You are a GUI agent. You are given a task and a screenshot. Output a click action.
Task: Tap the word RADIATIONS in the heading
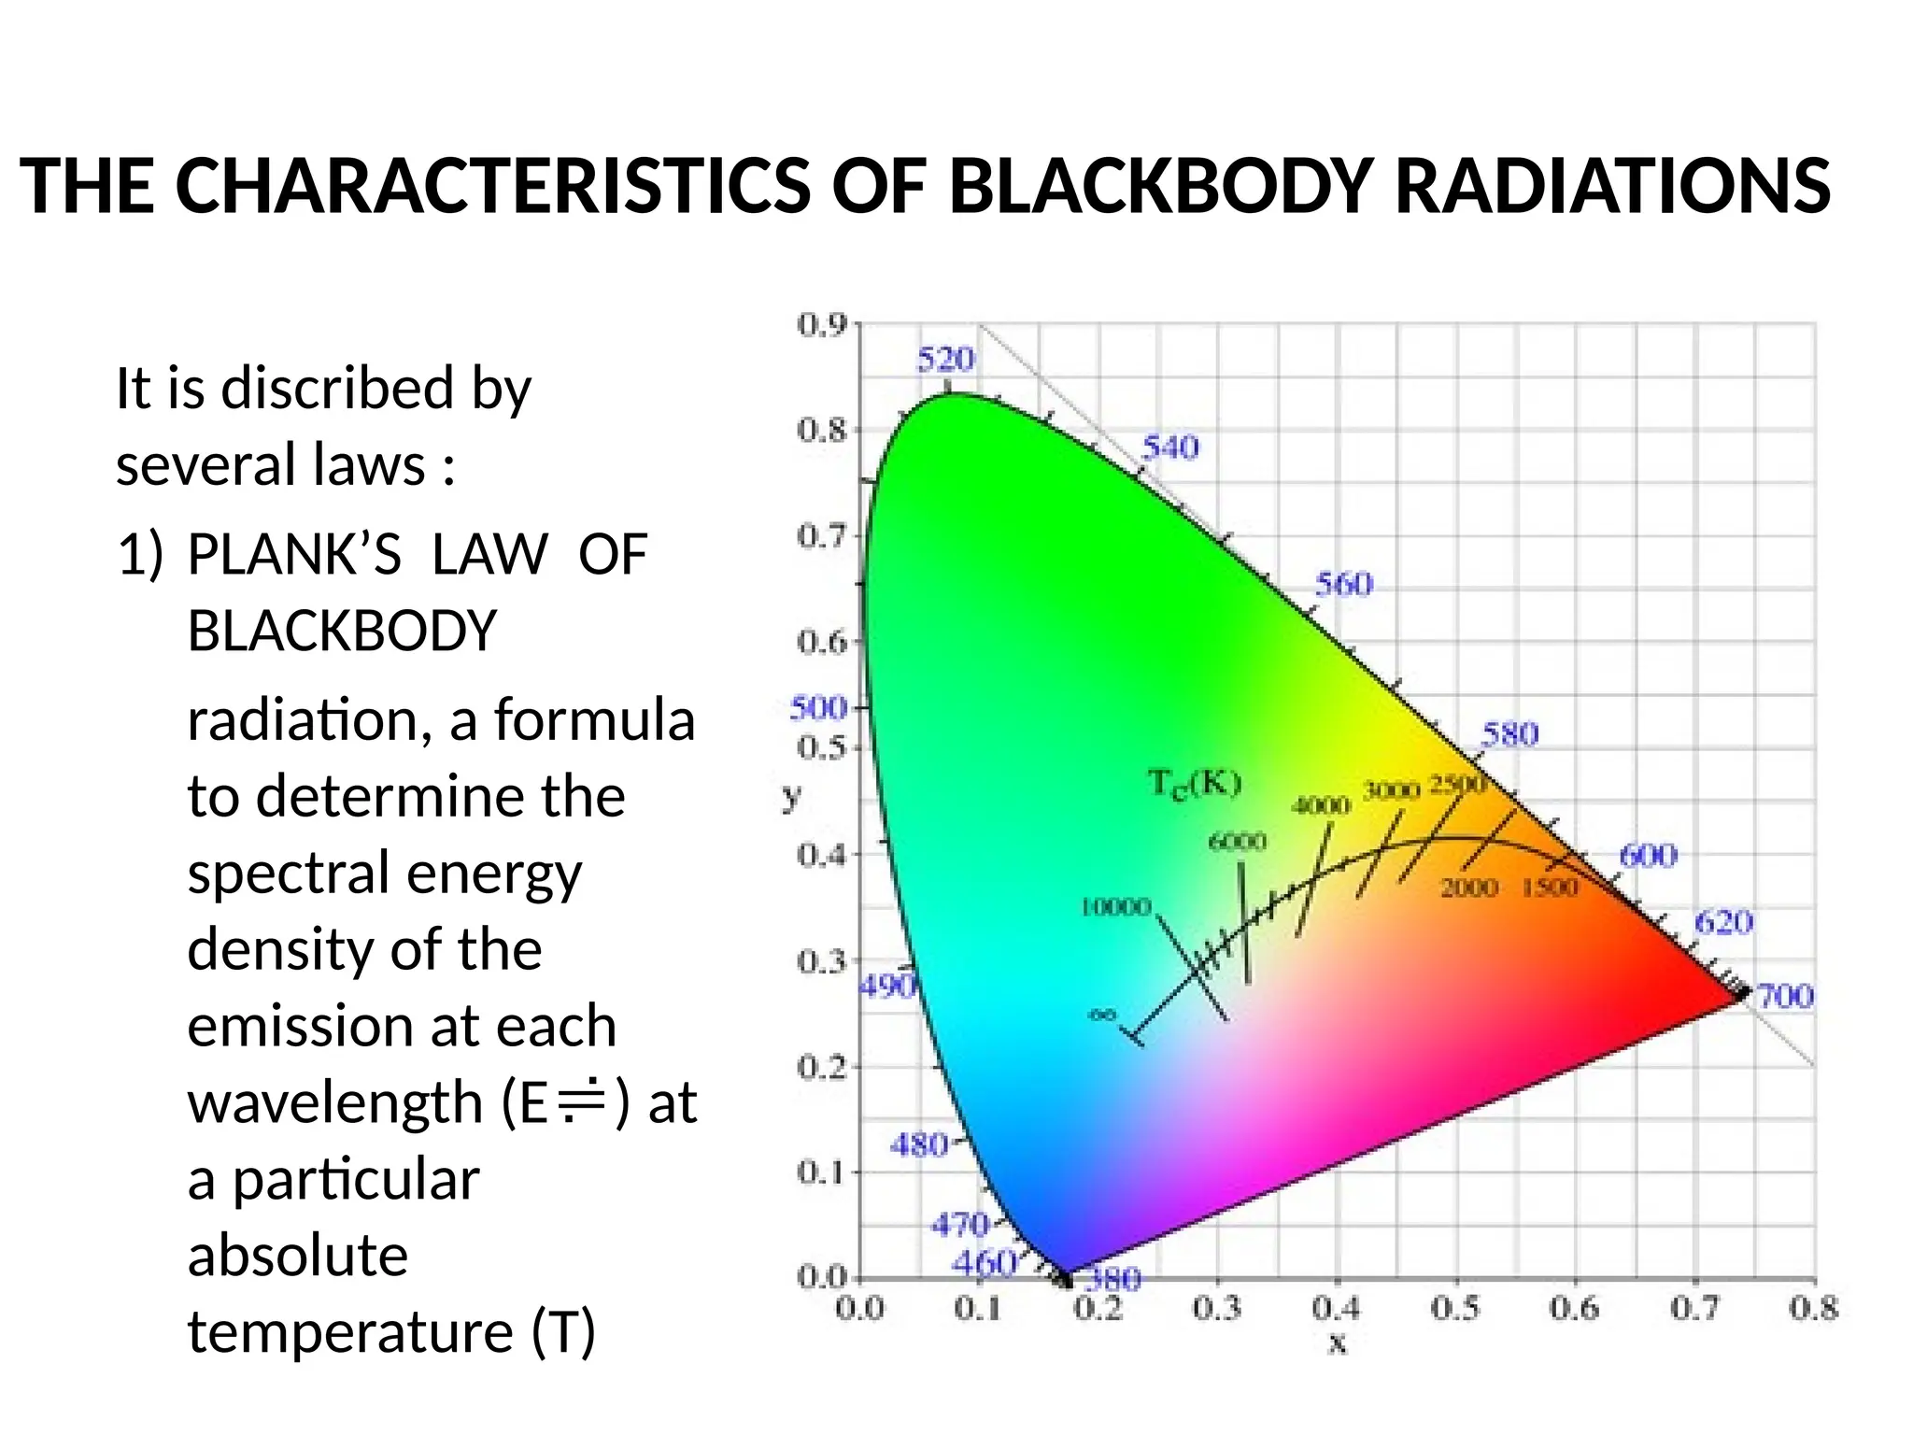point(1612,187)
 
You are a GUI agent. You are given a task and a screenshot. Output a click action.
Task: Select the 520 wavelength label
point(945,359)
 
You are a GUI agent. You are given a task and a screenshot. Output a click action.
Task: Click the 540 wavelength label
point(1170,448)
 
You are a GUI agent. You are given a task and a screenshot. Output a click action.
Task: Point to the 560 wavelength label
point(1344,585)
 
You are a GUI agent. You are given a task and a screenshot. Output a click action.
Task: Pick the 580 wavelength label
point(1509,734)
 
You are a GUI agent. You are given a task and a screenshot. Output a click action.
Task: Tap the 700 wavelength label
point(1785,997)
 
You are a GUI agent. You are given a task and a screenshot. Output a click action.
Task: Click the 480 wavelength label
point(918,1144)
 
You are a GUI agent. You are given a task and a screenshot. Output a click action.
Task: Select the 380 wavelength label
point(1114,1278)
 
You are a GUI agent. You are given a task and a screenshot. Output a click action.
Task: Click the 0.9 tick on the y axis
point(822,325)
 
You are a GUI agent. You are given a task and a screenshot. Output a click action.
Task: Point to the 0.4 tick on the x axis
point(1337,1309)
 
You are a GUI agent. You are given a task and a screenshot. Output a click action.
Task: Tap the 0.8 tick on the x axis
point(1813,1309)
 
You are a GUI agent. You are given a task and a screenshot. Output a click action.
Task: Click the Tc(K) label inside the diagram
point(1195,783)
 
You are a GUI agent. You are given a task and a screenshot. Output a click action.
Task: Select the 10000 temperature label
point(1115,907)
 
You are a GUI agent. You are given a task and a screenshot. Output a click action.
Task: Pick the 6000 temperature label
point(1238,842)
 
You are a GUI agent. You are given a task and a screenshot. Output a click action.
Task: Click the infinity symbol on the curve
point(1103,1015)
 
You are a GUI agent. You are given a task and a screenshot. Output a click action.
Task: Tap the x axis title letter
point(1338,1344)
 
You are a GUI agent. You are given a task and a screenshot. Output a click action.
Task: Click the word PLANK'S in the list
point(294,554)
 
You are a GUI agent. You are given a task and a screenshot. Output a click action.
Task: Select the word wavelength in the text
point(335,1102)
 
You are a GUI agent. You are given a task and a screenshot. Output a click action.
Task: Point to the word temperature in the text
point(350,1331)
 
